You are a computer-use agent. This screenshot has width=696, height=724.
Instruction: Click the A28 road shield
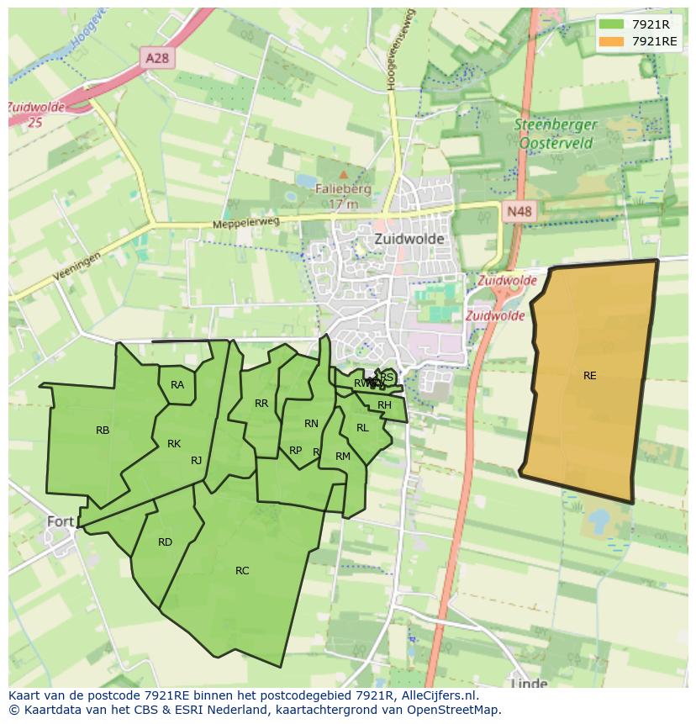(157, 57)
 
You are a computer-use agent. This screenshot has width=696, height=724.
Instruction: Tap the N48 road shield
(519, 212)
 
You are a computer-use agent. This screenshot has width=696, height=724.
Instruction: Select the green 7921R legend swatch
(611, 24)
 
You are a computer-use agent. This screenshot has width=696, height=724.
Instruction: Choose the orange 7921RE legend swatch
(611, 41)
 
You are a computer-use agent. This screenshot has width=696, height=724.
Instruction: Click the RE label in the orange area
(590, 376)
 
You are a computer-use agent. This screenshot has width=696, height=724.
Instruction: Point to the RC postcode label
(242, 571)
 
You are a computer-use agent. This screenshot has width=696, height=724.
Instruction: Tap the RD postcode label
(165, 542)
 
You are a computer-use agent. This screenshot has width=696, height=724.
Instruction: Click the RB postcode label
(103, 431)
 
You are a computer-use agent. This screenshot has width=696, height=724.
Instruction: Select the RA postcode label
(177, 385)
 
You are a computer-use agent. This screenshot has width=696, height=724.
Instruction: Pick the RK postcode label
(174, 444)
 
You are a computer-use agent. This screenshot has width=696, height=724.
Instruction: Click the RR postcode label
(261, 404)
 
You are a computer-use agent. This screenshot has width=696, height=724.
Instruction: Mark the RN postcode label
(311, 424)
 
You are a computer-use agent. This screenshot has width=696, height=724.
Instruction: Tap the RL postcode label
(362, 428)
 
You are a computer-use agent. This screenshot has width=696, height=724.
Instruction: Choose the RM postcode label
(342, 457)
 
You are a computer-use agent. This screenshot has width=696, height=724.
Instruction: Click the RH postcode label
(384, 405)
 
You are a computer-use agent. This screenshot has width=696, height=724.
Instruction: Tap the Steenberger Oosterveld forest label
(557, 134)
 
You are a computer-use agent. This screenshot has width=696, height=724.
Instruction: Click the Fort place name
(61, 521)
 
